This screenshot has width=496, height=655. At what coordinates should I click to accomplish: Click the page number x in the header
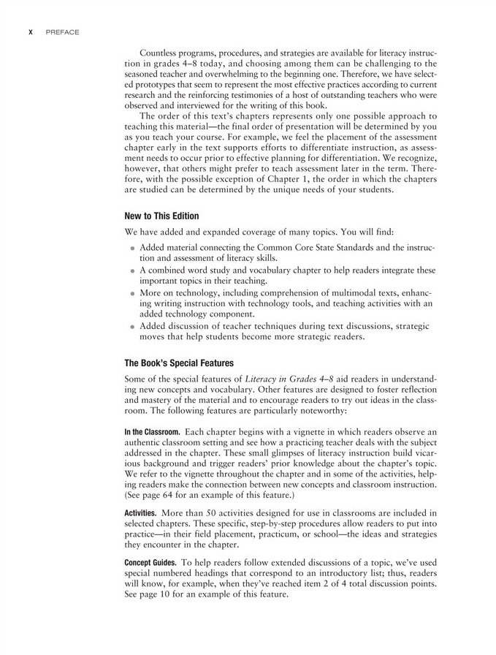[30, 32]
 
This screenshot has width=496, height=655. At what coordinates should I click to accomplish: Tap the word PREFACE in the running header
[62, 32]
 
